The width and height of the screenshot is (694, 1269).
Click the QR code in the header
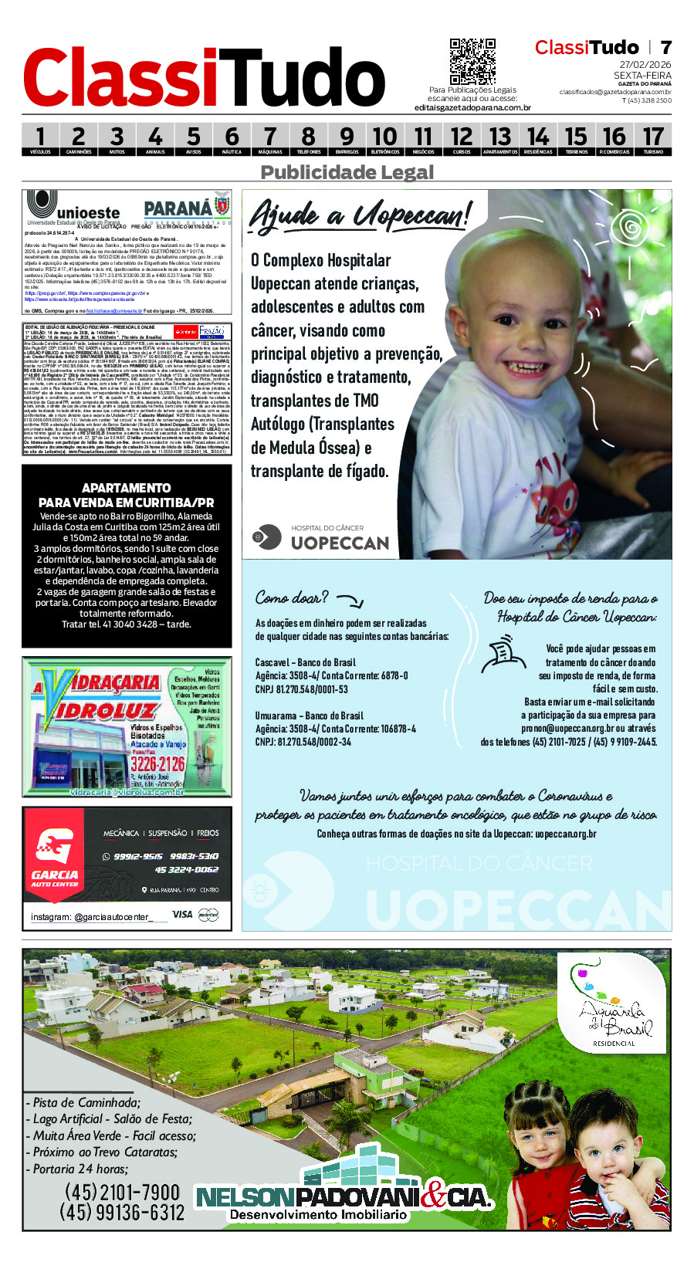(472, 61)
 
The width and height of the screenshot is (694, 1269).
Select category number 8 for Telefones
(308, 138)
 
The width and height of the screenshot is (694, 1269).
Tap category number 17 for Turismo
(653, 138)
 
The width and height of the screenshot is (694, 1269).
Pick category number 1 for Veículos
(40, 138)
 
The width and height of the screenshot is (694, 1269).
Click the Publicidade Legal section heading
(347, 172)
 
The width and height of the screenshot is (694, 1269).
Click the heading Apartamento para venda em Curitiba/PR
(127, 495)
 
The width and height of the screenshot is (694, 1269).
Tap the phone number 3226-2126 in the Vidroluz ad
(158, 763)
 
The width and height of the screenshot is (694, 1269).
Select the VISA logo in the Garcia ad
(182, 914)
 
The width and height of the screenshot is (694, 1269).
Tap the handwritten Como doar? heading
(292, 597)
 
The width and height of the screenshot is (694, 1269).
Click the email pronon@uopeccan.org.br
(567, 728)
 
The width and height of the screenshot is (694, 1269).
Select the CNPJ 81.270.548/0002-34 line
(303, 742)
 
